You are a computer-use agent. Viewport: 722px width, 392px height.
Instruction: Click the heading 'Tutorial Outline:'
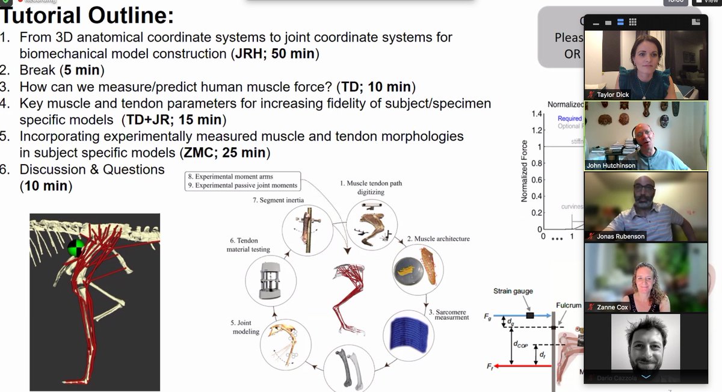pos(87,14)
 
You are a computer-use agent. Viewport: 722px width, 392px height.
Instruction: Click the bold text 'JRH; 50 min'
pos(275,54)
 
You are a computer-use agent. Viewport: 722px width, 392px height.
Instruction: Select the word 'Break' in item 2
pos(38,70)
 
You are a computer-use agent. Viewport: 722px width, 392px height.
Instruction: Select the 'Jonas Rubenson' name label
pos(620,236)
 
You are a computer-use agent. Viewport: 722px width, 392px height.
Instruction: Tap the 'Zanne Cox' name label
pos(612,307)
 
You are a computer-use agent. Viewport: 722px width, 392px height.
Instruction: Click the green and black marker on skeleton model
pos(76,247)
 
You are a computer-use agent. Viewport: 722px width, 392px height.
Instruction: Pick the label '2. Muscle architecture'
pos(438,239)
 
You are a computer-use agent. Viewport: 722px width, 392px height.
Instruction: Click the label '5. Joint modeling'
pos(244,326)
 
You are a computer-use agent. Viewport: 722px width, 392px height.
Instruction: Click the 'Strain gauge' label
pos(514,291)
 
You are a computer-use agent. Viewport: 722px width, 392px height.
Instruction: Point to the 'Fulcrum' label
pos(568,305)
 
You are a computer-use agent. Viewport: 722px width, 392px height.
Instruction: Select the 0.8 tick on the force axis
pos(534,163)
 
